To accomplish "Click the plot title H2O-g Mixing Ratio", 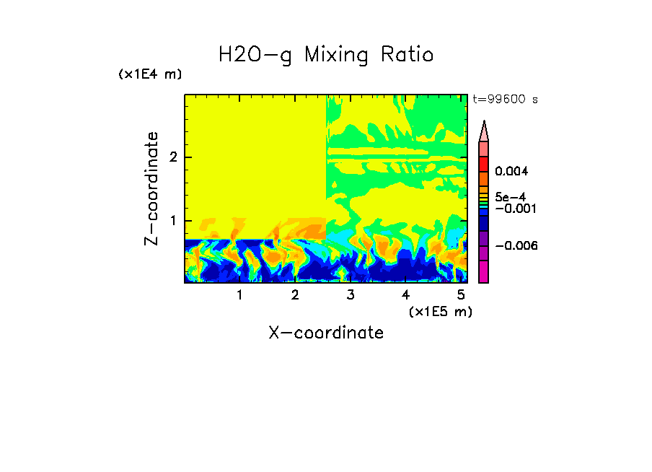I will point(326,54).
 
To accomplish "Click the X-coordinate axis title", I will point(326,333).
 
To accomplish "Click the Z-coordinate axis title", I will point(151,188).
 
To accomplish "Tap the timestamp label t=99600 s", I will point(505,100).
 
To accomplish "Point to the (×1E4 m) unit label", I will point(150,74).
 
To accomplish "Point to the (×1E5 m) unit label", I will point(440,311).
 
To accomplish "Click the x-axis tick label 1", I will point(239,295).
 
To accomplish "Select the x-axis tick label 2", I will point(295,295).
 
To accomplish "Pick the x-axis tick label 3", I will point(351,295).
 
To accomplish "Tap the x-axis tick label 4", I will point(405,295).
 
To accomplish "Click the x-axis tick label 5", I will point(461,295).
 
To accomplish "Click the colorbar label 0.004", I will point(511,172).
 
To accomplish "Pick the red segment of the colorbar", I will point(484,163).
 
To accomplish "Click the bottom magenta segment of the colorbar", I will point(484,271).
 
